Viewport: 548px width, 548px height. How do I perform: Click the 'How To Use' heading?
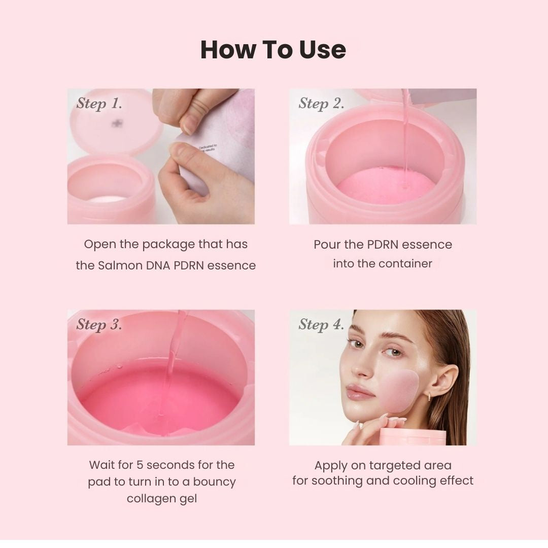pos(273,50)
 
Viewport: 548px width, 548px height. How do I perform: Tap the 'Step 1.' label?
pos(99,104)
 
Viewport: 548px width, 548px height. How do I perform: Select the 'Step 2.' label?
pos(321,104)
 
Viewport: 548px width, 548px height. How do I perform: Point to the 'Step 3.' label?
pos(99,325)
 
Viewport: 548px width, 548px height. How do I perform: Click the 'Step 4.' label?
pos(321,325)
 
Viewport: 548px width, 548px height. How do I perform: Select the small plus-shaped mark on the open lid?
pos(118,123)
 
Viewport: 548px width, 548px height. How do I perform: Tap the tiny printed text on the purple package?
pos(208,148)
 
